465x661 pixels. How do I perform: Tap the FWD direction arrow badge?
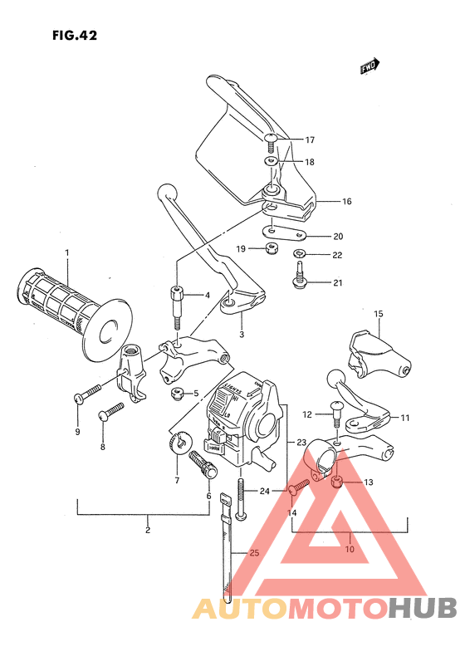pyautogui.click(x=370, y=66)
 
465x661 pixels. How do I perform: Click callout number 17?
pyautogui.click(x=310, y=140)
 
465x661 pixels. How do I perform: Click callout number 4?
pyautogui.click(x=206, y=296)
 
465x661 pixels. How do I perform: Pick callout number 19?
pyautogui.click(x=239, y=248)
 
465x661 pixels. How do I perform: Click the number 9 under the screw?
pyautogui.click(x=78, y=432)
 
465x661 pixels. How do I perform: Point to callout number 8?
pyautogui.click(x=103, y=447)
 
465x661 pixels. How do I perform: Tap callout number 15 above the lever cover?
pyautogui.click(x=378, y=314)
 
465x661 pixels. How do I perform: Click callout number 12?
pyautogui.click(x=306, y=414)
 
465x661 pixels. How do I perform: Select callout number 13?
pyautogui.click(x=369, y=482)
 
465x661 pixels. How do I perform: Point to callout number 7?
pyautogui.click(x=176, y=481)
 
